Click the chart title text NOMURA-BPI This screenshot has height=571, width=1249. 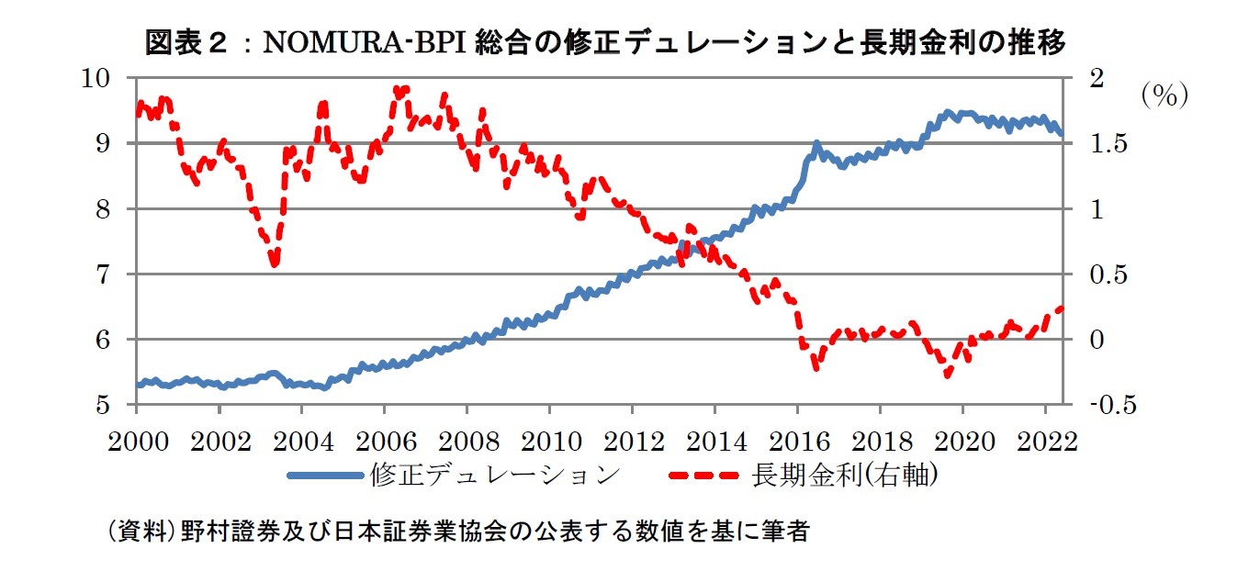pyautogui.click(x=366, y=43)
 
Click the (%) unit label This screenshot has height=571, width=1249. pyautogui.click(x=1165, y=95)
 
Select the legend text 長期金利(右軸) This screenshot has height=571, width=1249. pyautogui.click(x=844, y=475)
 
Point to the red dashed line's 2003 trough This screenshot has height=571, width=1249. pyautogui.click(x=274, y=263)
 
